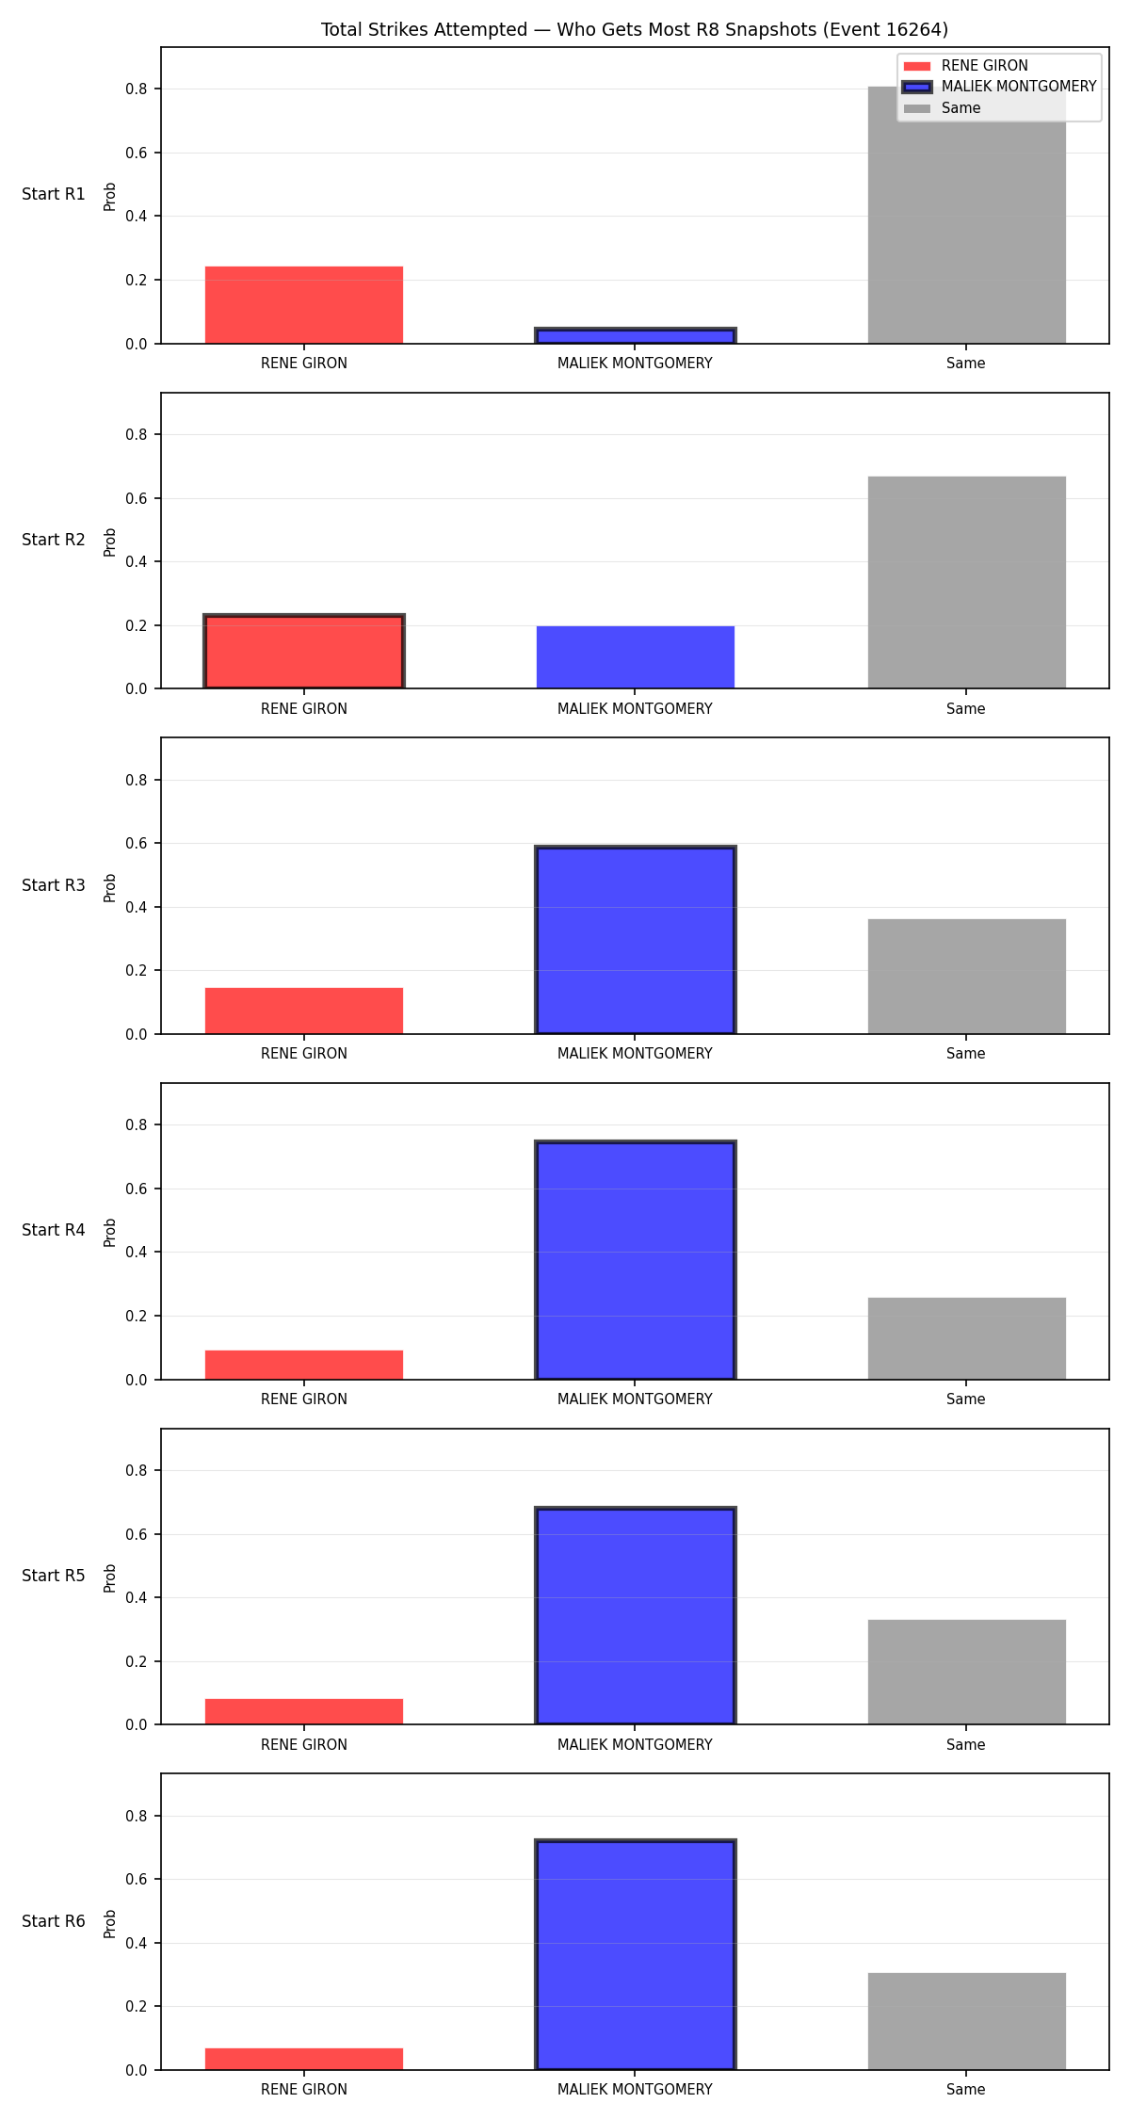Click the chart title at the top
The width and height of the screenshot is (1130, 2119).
pyautogui.click(x=635, y=29)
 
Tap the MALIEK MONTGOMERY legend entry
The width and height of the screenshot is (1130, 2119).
pyautogui.click(x=1000, y=87)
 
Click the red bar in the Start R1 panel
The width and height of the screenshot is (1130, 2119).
pyautogui.click(x=304, y=305)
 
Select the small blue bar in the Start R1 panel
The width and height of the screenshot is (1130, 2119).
pyautogui.click(x=636, y=336)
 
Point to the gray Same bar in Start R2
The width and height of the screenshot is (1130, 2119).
pyautogui.click(x=967, y=583)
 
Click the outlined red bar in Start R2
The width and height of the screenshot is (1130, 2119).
pyautogui.click(x=304, y=652)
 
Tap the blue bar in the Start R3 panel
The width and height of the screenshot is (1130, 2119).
pyautogui.click(x=636, y=940)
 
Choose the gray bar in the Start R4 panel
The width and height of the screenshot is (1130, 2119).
pyautogui.click(x=967, y=1338)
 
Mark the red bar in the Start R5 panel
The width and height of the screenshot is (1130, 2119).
pyautogui.click(x=304, y=1711)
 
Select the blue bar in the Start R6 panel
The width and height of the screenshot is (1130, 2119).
pyautogui.click(x=636, y=1954)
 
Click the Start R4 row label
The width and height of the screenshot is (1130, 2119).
pyautogui.click(x=54, y=1230)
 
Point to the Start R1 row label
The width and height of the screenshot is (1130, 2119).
pyautogui.click(x=54, y=194)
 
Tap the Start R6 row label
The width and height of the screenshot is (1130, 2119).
pyautogui.click(x=54, y=1921)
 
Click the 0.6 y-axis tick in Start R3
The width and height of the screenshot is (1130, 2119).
pyautogui.click(x=137, y=844)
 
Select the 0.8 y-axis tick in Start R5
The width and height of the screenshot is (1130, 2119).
pyautogui.click(x=137, y=1470)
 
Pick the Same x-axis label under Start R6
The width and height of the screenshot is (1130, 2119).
pyautogui.click(x=966, y=2089)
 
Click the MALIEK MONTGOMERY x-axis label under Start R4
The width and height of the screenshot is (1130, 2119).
pyautogui.click(x=635, y=1399)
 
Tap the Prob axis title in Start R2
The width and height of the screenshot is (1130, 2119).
pyautogui.click(x=110, y=542)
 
